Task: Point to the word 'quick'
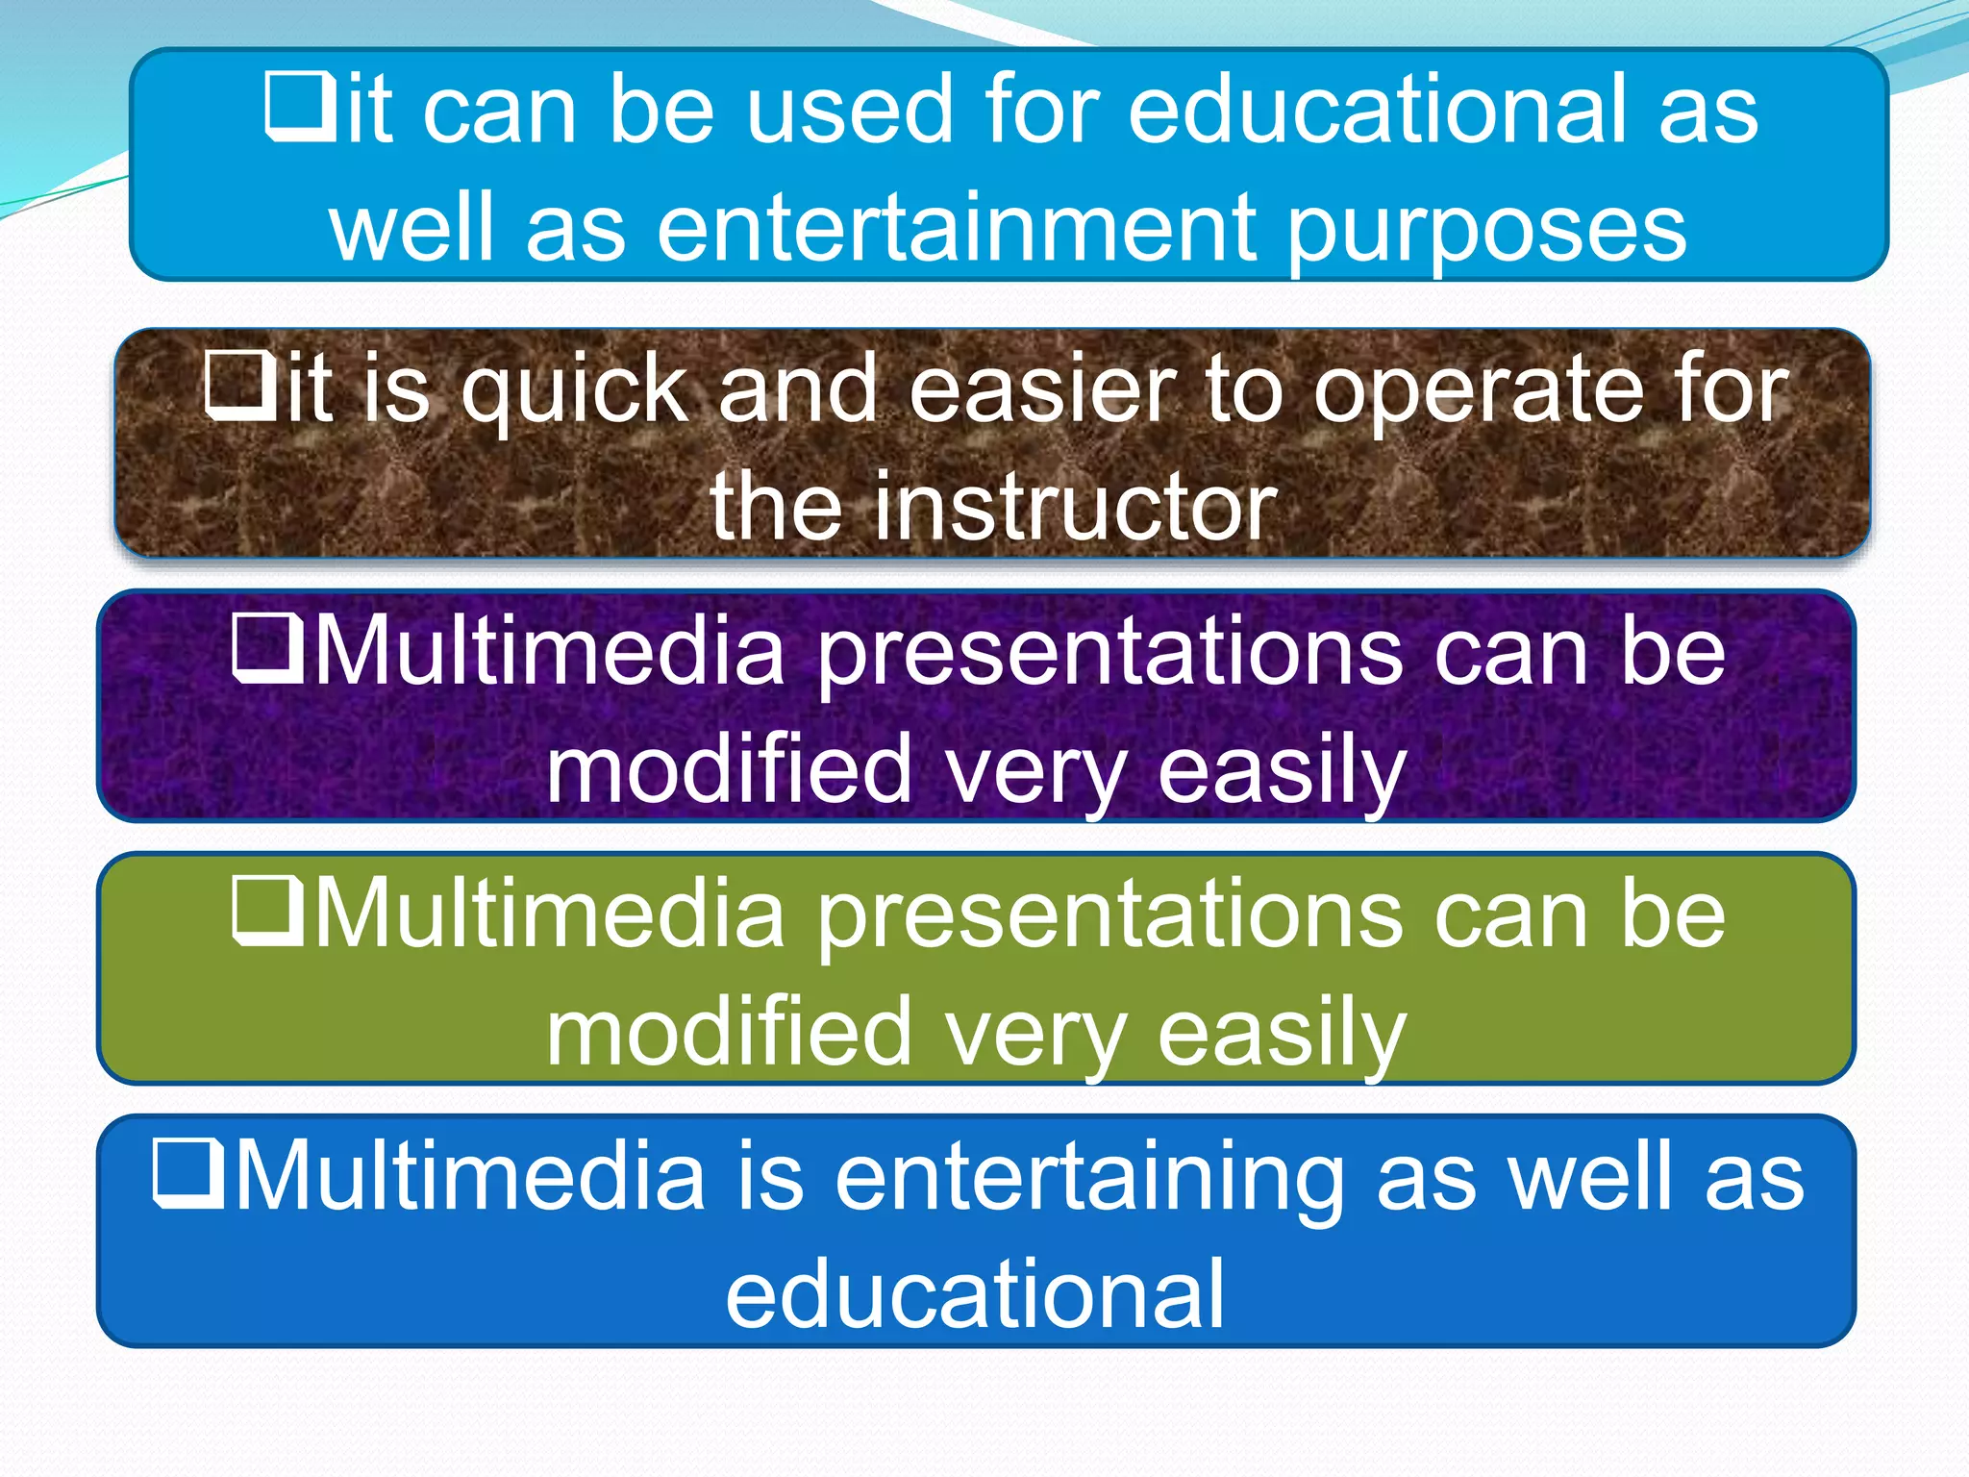point(575,389)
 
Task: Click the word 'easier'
point(1042,389)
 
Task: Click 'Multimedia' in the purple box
point(550,652)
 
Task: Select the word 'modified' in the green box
point(729,1033)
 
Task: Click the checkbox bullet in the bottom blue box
point(188,1172)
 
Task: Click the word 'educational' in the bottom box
point(975,1294)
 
